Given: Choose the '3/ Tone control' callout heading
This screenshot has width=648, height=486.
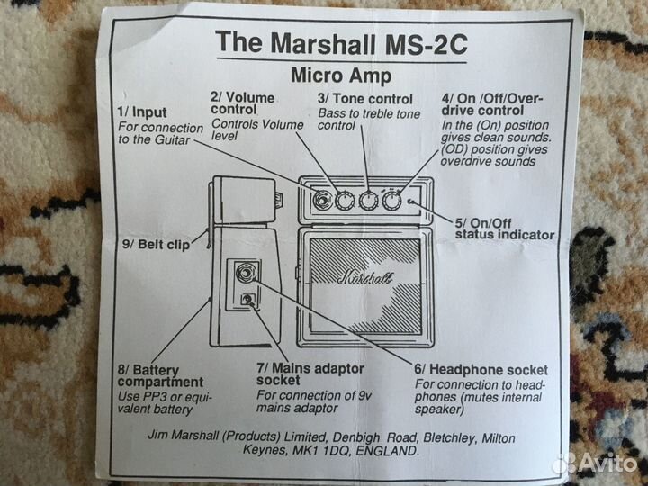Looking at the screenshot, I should (x=365, y=98).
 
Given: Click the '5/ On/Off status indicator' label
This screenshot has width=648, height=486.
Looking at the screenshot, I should (x=504, y=229).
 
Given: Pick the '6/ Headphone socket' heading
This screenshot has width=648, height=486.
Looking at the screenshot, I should (x=481, y=369).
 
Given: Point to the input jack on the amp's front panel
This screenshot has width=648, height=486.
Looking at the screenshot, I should (x=320, y=200).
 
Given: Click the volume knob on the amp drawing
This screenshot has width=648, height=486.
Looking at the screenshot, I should (x=344, y=201).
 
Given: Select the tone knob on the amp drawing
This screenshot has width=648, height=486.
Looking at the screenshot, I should (x=367, y=201).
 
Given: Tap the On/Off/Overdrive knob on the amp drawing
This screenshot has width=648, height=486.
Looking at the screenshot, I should (x=391, y=201).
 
